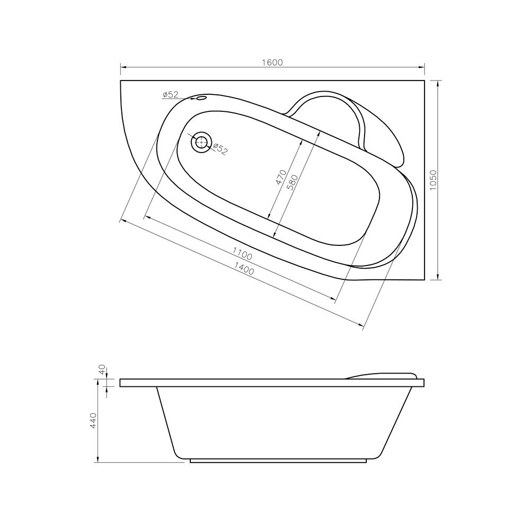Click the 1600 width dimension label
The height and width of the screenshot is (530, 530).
coord(272,63)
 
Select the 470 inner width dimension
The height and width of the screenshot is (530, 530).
coord(281,177)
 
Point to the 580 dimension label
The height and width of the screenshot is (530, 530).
coord(292,182)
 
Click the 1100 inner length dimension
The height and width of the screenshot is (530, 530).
coord(242,253)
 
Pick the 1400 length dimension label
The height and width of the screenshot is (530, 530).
coord(244,268)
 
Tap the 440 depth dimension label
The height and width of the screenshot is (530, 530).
coord(94,419)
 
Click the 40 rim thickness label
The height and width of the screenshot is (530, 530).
coord(103,369)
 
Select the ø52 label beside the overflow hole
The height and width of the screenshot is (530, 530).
coord(170,95)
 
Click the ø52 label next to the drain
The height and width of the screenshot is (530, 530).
coord(220,149)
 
